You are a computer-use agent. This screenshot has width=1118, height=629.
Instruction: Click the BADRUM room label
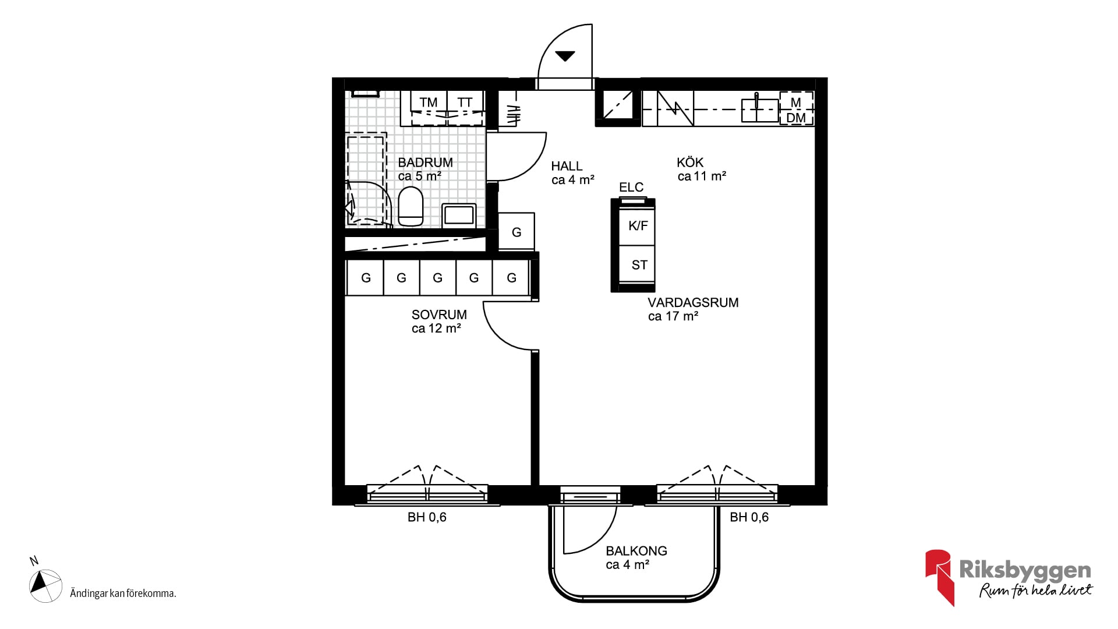(x=425, y=162)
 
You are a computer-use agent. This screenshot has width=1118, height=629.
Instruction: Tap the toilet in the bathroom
(x=411, y=206)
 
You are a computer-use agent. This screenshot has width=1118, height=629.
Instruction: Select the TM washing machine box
(x=429, y=108)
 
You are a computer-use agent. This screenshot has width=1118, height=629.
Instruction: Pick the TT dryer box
(x=465, y=108)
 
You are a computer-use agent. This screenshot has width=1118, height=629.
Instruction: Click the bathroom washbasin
(x=459, y=215)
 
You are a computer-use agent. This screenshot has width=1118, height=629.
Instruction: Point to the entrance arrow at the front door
(x=565, y=56)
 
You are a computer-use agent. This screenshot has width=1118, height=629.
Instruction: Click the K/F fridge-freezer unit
(x=637, y=225)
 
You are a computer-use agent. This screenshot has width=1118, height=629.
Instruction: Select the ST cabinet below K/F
(x=637, y=265)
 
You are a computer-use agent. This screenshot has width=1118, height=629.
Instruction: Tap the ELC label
(x=631, y=187)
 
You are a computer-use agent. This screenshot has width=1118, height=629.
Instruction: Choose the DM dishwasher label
(x=796, y=118)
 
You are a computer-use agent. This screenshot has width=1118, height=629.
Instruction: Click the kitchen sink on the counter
(x=760, y=109)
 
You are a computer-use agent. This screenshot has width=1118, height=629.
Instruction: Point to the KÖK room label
(x=690, y=162)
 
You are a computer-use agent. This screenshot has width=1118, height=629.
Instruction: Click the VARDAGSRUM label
(x=693, y=303)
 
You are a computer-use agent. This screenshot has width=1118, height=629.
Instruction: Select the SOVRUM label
(x=439, y=315)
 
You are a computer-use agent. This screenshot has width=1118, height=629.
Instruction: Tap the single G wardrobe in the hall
(x=516, y=232)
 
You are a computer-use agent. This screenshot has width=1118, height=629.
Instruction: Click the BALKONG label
(x=636, y=551)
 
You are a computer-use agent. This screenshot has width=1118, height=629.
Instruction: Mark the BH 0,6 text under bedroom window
(x=427, y=517)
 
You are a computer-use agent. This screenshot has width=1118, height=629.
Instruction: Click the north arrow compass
(x=45, y=585)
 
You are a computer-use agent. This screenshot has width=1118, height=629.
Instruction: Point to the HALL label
(x=567, y=167)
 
